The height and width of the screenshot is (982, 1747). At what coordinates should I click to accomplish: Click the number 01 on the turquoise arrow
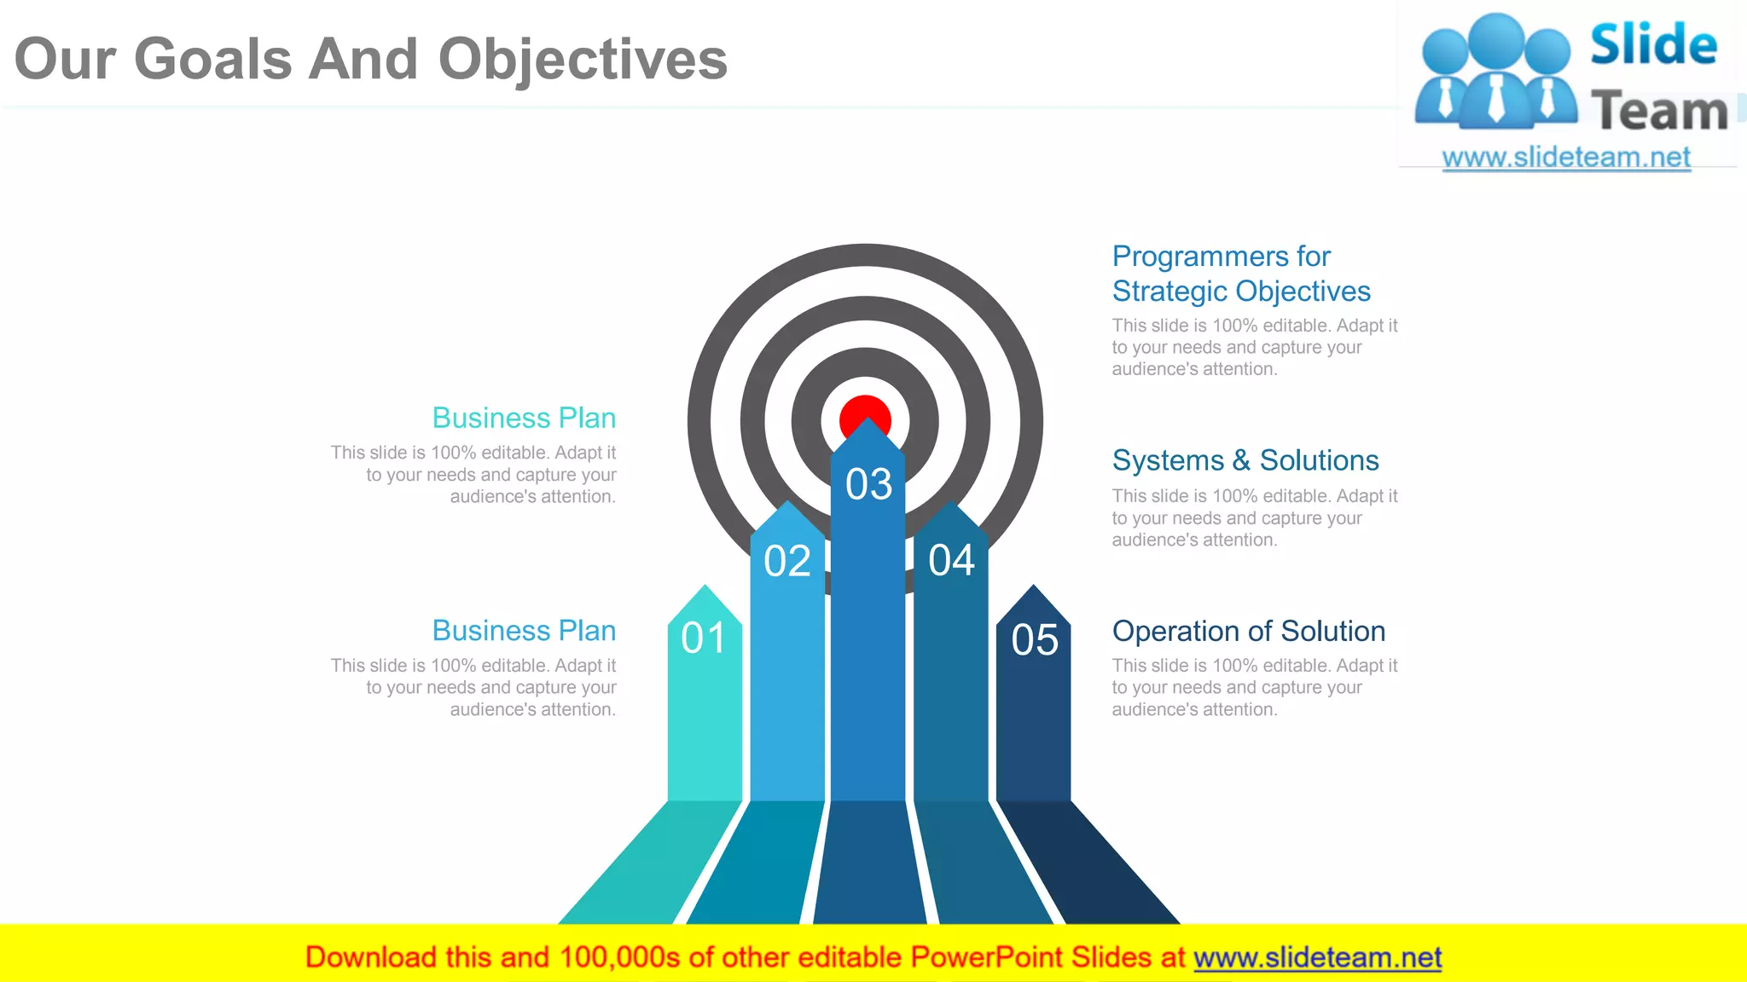tap(704, 638)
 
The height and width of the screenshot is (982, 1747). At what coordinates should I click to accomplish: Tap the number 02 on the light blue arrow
tap(786, 561)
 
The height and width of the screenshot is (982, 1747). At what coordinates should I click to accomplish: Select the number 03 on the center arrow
tap(868, 484)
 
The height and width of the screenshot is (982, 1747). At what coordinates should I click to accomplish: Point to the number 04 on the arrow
tap(951, 561)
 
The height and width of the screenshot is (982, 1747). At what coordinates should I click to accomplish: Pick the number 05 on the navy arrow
tap(1034, 639)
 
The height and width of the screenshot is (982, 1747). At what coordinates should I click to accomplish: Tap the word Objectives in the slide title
tap(583, 60)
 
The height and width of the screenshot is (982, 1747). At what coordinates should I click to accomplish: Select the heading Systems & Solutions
tap(1245, 460)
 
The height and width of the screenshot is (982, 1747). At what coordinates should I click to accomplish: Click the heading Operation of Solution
tap(1248, 631)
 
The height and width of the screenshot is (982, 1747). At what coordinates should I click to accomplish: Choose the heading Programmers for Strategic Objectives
tap(1240, 274)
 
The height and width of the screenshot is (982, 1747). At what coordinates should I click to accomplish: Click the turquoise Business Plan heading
tap(524, 418)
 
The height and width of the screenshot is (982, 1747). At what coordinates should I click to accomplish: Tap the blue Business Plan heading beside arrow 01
tap(524, 630)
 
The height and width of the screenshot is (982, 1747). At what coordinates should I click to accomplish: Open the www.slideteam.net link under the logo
tap(1565, 157)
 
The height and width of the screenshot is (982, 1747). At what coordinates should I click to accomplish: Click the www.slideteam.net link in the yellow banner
tap(1317, 957)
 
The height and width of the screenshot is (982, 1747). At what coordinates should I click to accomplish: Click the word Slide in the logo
tap(1653, 45)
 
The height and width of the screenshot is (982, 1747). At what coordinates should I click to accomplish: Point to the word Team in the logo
tap(1659, 111)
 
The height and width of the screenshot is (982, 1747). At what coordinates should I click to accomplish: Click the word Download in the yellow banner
tap(370, 957)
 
